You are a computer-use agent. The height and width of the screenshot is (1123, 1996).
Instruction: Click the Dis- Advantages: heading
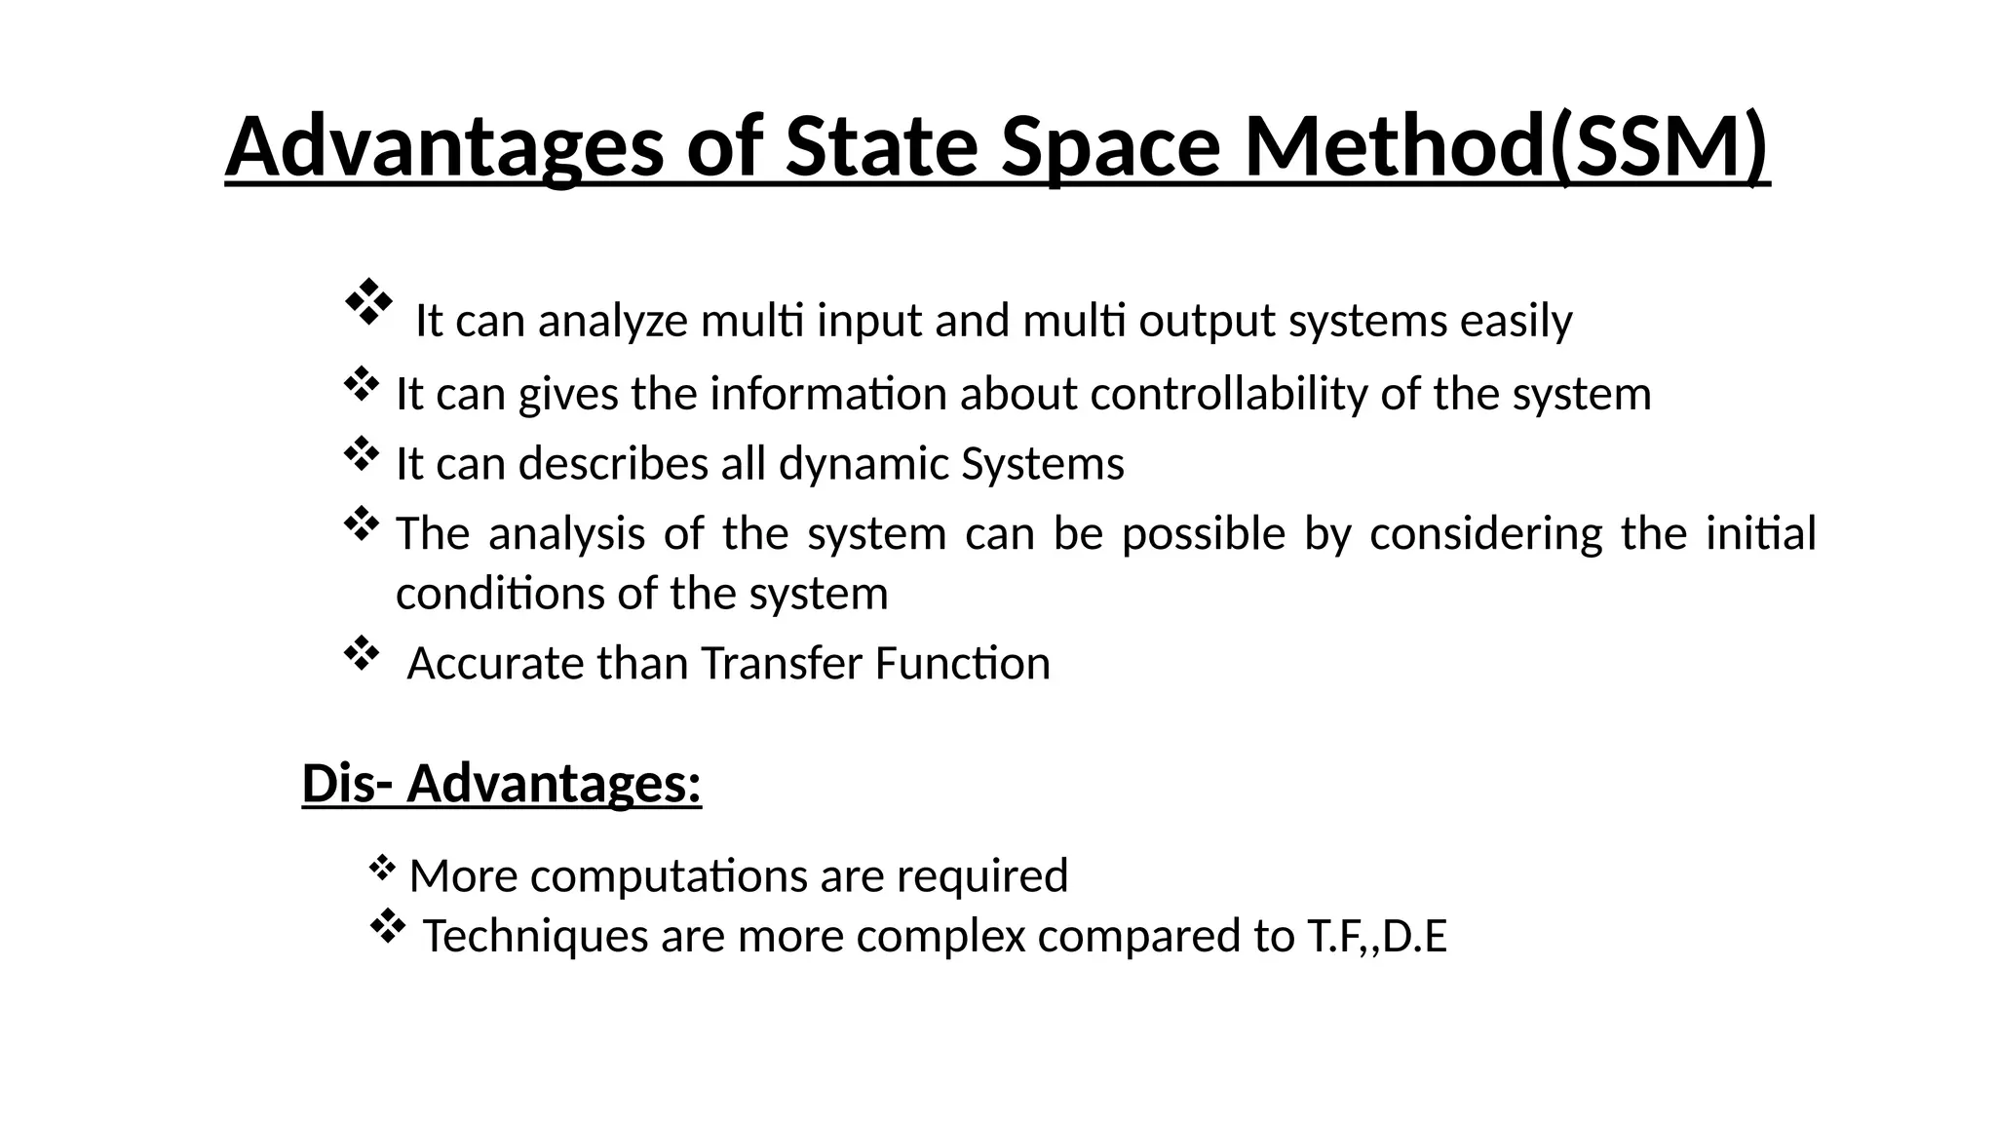click(x=502, y=784)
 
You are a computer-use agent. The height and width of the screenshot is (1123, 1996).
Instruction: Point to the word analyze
click(x=613, y=322)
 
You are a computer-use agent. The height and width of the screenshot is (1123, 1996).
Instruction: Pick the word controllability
click(x=1229, y=395)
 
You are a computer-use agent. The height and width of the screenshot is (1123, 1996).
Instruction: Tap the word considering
click(x=1485, y=534)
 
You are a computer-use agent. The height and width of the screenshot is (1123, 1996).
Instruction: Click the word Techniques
click(x=535, y=936)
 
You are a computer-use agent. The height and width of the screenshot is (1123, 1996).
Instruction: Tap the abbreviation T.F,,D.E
click(x=1376, y=936)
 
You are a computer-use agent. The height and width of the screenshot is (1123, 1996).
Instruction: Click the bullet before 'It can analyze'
click(x=367, y=302)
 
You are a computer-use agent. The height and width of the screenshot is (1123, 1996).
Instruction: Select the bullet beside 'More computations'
click(x=382, y=866)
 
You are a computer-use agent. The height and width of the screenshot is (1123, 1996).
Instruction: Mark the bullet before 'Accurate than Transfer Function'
click(x=361, y=653)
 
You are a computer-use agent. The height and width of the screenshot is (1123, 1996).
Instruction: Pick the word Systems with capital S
click(x=1042, y=464)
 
